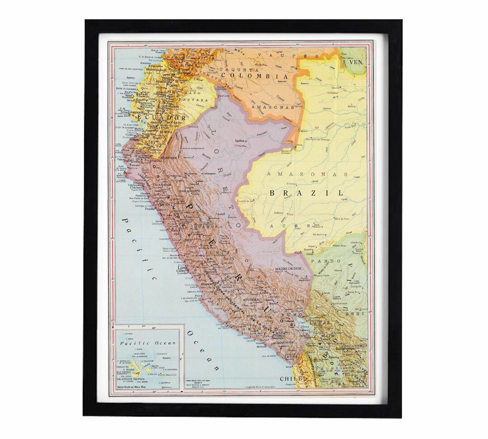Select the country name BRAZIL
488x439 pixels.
tap(306, 193)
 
